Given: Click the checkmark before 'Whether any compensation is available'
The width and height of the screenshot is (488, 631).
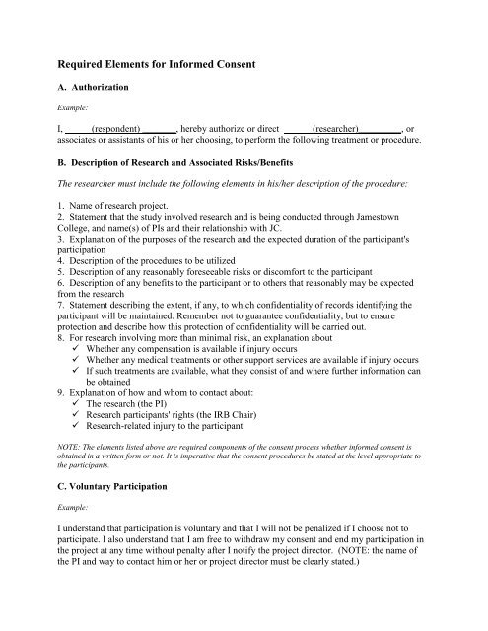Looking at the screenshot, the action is pos(78,351).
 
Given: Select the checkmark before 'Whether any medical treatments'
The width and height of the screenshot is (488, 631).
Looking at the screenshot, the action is pos(78,365).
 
